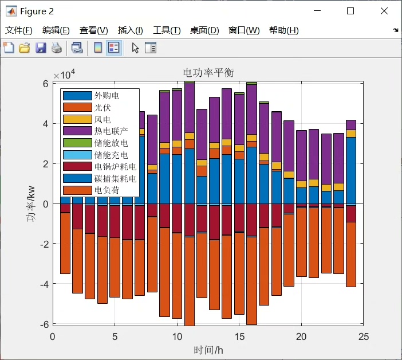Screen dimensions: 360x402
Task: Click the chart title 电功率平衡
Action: (208, 72)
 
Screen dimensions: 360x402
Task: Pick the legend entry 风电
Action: (103, 119)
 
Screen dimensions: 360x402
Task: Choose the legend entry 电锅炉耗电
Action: (115, 167)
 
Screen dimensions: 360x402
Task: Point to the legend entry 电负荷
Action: (107, 190)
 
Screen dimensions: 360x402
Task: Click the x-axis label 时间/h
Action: (208, 350)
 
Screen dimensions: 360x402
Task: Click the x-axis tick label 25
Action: (364, 336)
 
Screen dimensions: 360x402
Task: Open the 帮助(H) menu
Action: (283, 30)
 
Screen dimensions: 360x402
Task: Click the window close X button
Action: (384, 11)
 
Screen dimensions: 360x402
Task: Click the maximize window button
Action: (350, 11)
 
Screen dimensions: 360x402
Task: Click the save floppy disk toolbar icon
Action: (41, 48)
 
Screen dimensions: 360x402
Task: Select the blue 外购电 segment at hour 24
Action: (351, 170)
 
